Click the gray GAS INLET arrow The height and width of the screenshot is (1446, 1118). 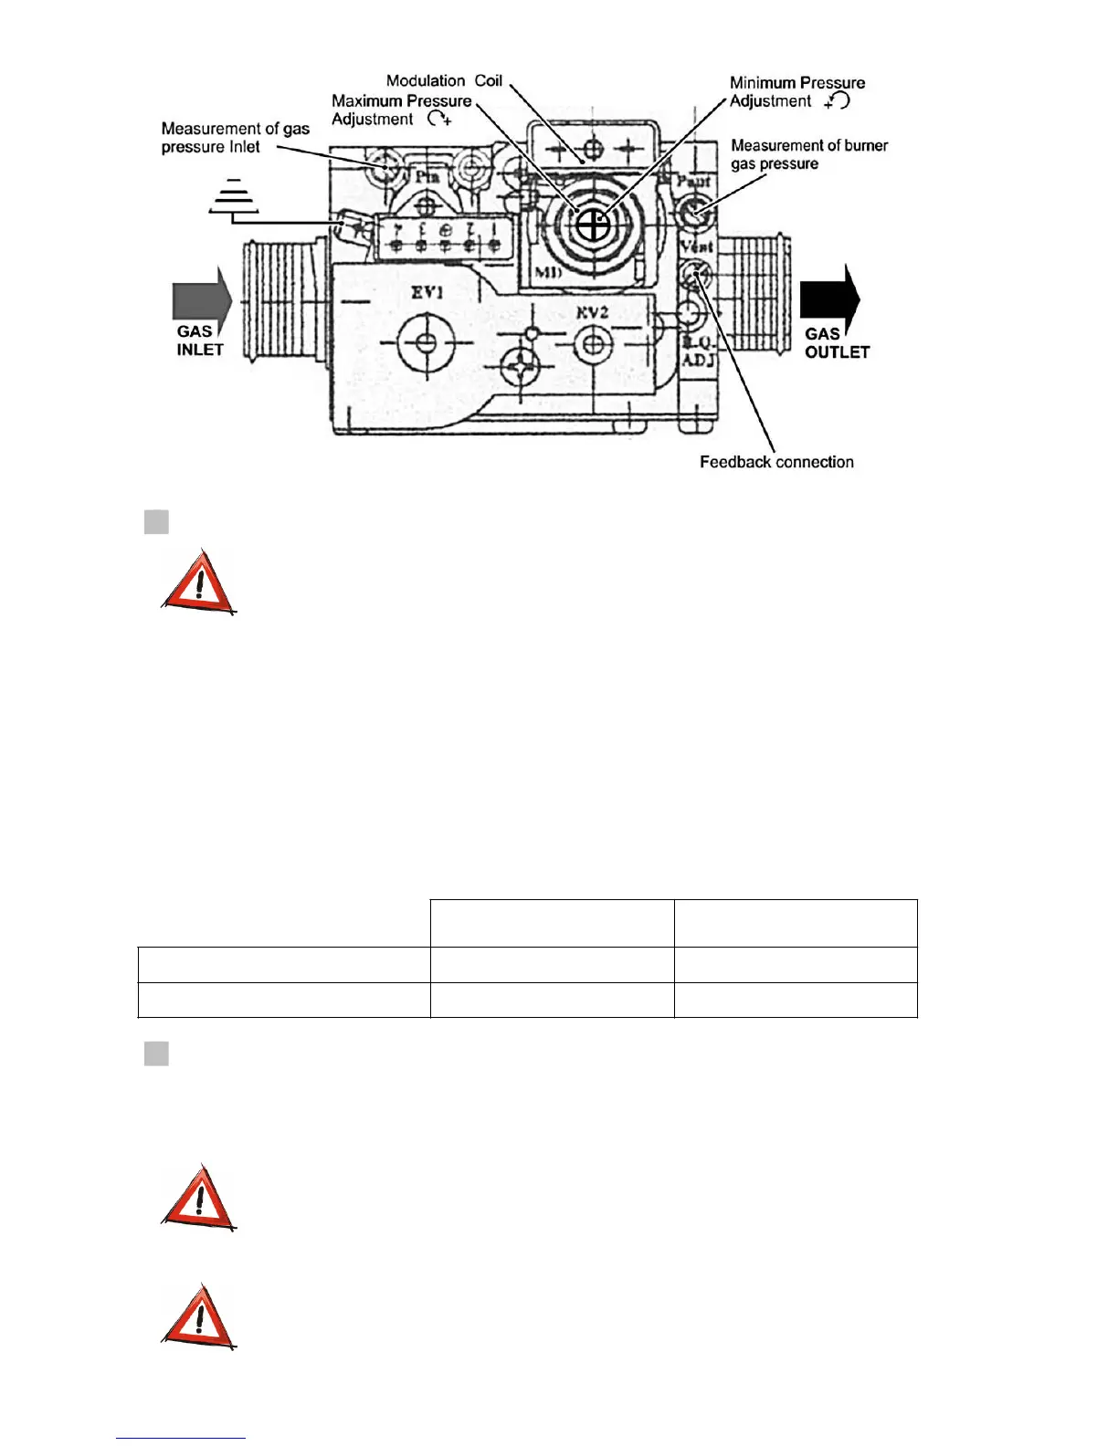tap(201, 299)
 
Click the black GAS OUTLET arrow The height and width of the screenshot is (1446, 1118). tap(828, 299)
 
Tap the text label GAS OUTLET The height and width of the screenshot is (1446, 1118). tap(836, 343)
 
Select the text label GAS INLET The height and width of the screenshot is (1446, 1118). tap(199, 341)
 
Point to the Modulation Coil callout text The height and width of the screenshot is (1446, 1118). tap(444, 80)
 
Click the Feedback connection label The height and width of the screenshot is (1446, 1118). tap(776, 462)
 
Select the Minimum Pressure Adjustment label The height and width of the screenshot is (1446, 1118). tap(796, 91)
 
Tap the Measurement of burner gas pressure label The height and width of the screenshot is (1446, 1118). tap(808, 154)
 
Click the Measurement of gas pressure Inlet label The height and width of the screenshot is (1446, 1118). tap(235, 138)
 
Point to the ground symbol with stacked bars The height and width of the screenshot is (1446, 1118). tap(234, 195)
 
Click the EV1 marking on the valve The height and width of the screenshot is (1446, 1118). tap(427, 293)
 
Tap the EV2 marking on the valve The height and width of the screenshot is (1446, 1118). tap(592, 312)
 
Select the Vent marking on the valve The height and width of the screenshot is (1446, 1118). tap(696, 246)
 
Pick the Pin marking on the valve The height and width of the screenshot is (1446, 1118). tap(427, 176)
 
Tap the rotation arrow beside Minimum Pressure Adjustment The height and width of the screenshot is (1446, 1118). tap(837, 100)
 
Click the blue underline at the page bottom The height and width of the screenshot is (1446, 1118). tap(181, 1439)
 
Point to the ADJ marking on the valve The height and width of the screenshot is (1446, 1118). tap(698, 360)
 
